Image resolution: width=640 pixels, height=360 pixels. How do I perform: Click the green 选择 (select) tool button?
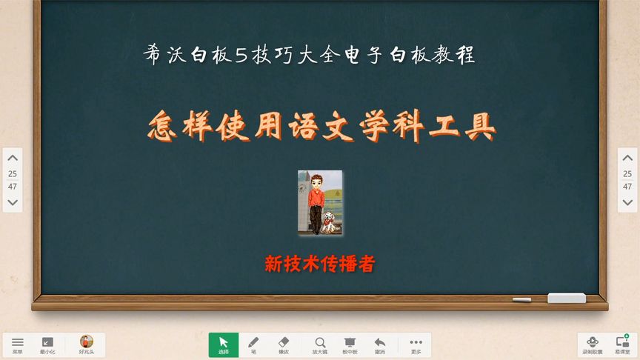pos(224,344)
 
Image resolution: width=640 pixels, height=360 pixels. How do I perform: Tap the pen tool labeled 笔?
pos(253,344)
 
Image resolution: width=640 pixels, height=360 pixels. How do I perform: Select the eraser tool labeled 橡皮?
pos(284,344)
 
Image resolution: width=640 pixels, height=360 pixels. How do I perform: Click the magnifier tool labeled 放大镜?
pos(320,344)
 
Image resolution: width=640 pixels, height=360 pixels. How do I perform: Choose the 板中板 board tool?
pos(350,344)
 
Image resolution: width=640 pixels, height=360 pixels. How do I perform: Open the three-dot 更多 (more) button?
pos(416,344)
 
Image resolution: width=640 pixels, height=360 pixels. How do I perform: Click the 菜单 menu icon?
pos(18,344)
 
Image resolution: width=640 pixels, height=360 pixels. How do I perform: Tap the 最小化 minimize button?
pos(47,344)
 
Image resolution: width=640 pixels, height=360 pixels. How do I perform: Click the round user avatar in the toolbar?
pos(87,342)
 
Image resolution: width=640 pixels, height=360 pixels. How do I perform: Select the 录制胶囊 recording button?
pos(592,344)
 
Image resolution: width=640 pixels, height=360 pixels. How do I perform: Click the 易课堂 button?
pos(622,344)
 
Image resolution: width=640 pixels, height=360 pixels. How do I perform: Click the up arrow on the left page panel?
pos(13,158)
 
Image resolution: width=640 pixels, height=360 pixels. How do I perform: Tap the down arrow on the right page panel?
pos(627,202)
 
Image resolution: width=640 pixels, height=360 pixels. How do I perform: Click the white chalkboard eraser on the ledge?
pos(566,298)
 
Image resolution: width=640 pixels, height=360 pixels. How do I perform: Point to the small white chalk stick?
pos(521,300)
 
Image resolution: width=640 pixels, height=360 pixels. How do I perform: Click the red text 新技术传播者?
pos(319,264)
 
